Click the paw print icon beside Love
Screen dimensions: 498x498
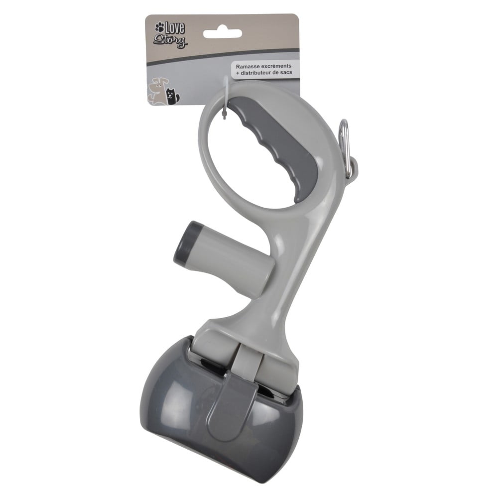[159, 27]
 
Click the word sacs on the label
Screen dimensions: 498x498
[286, 72]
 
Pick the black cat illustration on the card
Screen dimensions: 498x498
[172, 96]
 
